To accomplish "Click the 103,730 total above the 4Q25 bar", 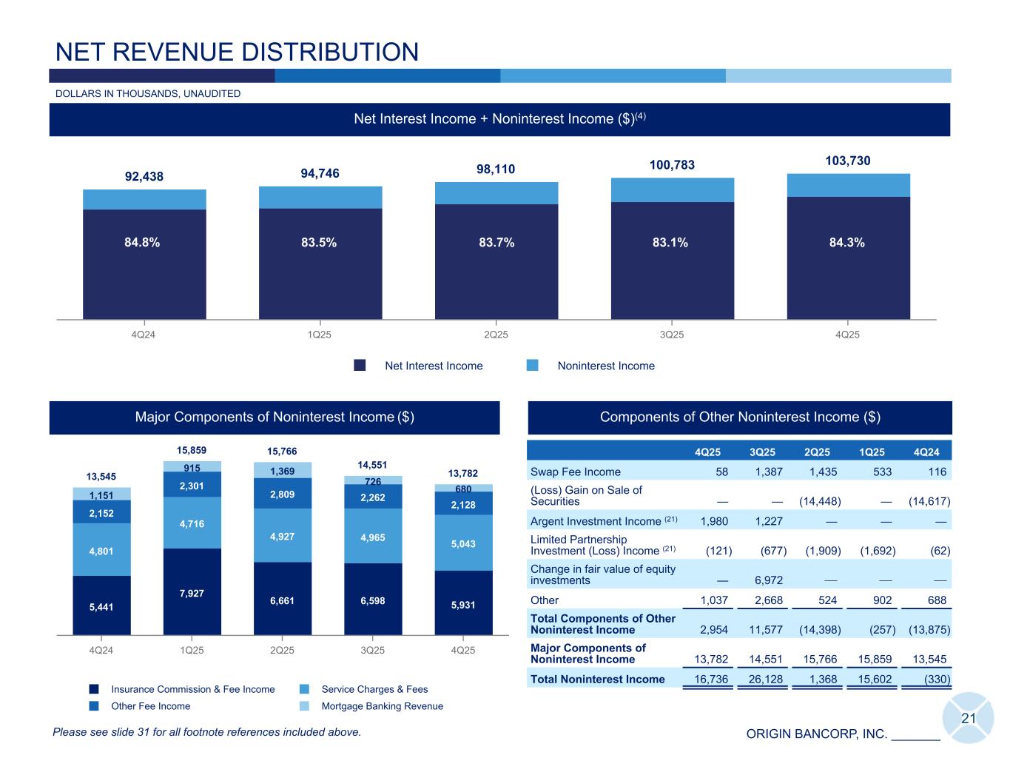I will pos(848,161).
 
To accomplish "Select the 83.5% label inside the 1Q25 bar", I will pos(320,243).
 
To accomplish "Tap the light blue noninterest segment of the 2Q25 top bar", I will pos(496,193).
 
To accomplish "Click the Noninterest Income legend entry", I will pos(605,366).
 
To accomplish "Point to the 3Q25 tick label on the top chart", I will pos(672,335).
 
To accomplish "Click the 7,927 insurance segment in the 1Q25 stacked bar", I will pos(192,594).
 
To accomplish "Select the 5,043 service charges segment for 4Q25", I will pos(463,543).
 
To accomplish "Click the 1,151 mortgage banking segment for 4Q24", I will pos(101,494).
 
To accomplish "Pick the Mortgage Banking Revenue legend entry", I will pos(382,706).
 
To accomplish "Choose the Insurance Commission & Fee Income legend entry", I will pos(192,689).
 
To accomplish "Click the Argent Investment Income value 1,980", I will pos(714,521).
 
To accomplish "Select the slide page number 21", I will pos(969,718).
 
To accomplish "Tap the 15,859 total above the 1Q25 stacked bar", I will pos(192,450).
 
